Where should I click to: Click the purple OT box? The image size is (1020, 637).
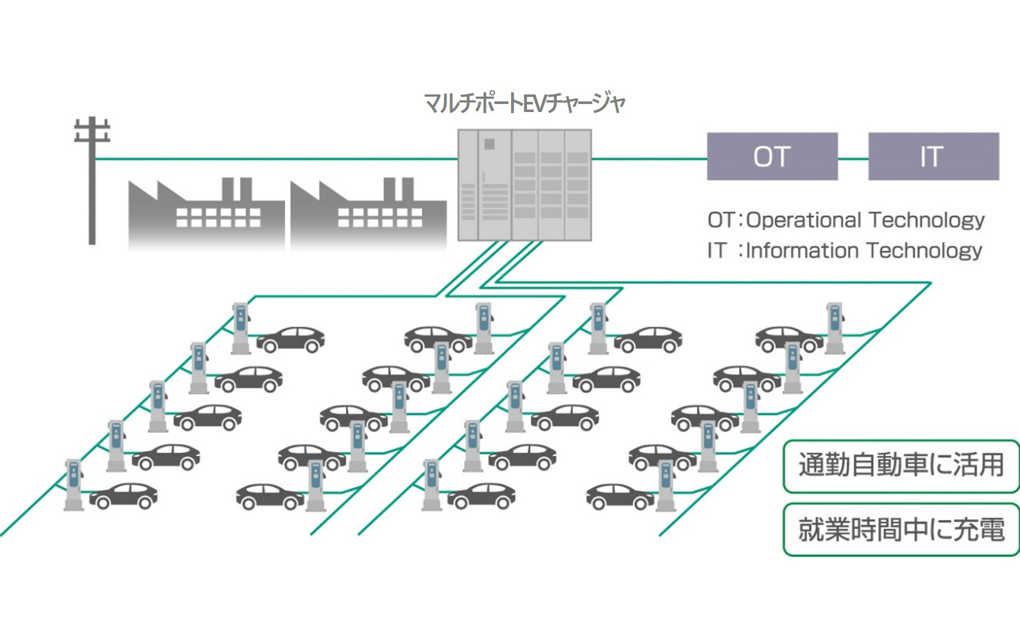click(772, 157)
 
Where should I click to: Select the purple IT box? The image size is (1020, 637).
click(933, 157)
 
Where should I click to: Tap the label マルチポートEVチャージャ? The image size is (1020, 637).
click(524, 103)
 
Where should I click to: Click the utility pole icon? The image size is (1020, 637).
click(92, 180)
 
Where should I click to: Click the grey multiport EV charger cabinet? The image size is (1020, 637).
click(524, 185)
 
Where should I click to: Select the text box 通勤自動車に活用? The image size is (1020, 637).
click(901, 466)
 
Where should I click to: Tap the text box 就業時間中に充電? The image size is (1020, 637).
click(901, 529)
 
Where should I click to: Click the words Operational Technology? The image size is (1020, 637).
click(865, 220)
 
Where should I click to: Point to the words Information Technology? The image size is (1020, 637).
click(864, 251)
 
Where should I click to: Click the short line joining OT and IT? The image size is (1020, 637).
click(853, 158)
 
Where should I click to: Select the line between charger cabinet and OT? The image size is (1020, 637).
click(649, 158)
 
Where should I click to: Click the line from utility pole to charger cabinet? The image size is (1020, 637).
click(276, 158)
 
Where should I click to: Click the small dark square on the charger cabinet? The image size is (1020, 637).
click(489, 144)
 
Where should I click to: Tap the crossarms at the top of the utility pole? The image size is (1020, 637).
click(92, 131)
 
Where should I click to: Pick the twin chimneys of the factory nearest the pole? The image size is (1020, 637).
click(236, 189)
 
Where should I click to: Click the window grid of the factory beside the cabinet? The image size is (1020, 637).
click(380, 218)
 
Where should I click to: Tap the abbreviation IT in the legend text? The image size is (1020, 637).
click(716, 251)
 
